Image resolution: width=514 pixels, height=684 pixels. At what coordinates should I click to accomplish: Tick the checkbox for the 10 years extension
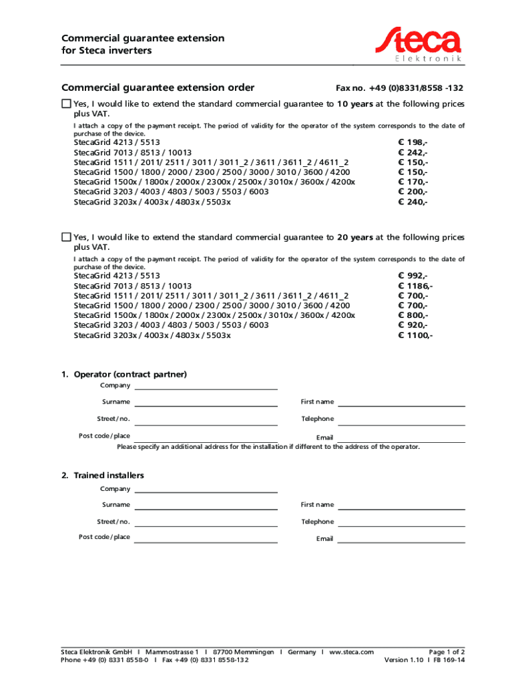tap(65, 104)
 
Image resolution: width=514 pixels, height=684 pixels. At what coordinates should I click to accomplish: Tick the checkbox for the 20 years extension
tap(65, 237)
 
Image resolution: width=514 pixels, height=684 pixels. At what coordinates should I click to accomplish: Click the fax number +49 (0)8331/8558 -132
tap(399, 88)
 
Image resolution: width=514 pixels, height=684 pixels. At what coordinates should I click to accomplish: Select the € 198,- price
tap(413, 142)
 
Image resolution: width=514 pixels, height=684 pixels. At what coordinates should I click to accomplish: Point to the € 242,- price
tap(413, 152)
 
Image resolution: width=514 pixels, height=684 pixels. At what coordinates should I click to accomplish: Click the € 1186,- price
tap(415, 285)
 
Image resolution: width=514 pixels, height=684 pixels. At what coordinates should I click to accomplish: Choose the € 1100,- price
tap(415, 335)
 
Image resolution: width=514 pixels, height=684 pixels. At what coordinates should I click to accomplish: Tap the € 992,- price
tap(413, 275)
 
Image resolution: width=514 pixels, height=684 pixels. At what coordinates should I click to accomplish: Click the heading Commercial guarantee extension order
tap(158, 88)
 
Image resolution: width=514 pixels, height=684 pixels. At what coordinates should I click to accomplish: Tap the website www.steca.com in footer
tap(352, 651)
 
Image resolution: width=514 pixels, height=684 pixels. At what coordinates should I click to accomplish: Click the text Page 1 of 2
tap(447, 651)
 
